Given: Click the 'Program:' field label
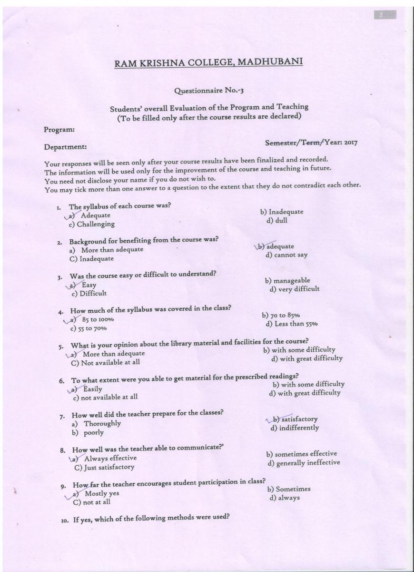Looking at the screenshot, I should (x=59, y=129).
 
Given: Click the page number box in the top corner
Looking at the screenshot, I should (x=386, y=16).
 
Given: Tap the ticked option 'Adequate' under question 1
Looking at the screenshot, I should (x=95, y=215).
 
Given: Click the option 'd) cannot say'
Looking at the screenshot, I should (x=286, y=255).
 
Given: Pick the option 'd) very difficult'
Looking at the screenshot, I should (x=295, y=289).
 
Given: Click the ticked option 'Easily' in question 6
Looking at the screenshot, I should (x=92, y=388).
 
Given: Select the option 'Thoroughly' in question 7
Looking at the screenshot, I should (x=102, y=423).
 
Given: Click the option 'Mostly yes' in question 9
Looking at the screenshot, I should (x=102, y=493).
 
